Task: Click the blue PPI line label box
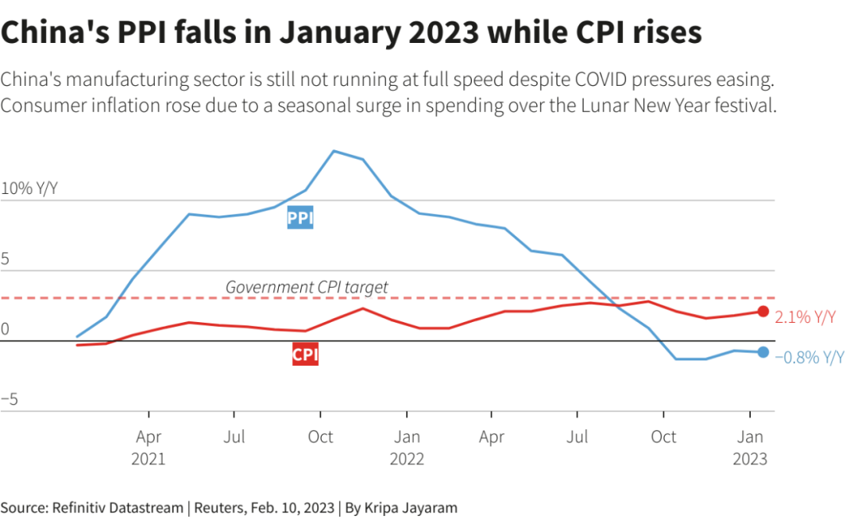300,218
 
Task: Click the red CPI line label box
305,355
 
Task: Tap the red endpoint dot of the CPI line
763,312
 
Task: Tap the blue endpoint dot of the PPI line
763,352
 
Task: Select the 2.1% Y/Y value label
806,317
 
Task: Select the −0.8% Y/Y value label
810,358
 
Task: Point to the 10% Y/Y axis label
29,189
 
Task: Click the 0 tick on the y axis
6,329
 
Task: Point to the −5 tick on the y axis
10,399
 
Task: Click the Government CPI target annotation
307,287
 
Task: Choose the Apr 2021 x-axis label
149,447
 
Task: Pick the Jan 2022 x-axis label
407,447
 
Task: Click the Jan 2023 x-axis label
750,447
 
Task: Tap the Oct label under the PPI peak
320,437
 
